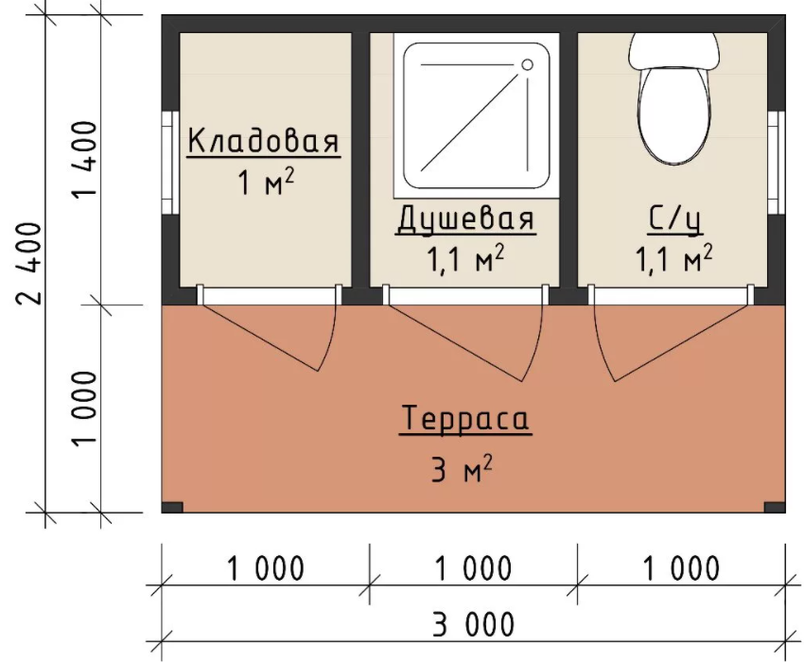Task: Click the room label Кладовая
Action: pos(264,141)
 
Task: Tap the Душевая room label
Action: pos(465,219)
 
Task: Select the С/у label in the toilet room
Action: pos(674,219)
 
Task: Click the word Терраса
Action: pos(465,418)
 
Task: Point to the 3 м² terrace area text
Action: pos(462,468)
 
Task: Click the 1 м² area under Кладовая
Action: pos(266,182)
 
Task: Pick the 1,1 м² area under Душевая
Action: pos(465,259)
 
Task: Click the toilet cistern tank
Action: pos(673,51)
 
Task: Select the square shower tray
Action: pos(477,116)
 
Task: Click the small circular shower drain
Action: pos(527,64)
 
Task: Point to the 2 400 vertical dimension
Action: pos(29,263)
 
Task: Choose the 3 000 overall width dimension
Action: pos(473,624)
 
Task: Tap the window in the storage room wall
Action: pos(169,163)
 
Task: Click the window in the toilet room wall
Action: pos(777,163)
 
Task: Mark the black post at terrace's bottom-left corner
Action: pos(172,507)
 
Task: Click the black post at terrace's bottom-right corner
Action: pos(775,507)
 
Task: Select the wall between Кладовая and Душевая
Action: pos(360,160)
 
